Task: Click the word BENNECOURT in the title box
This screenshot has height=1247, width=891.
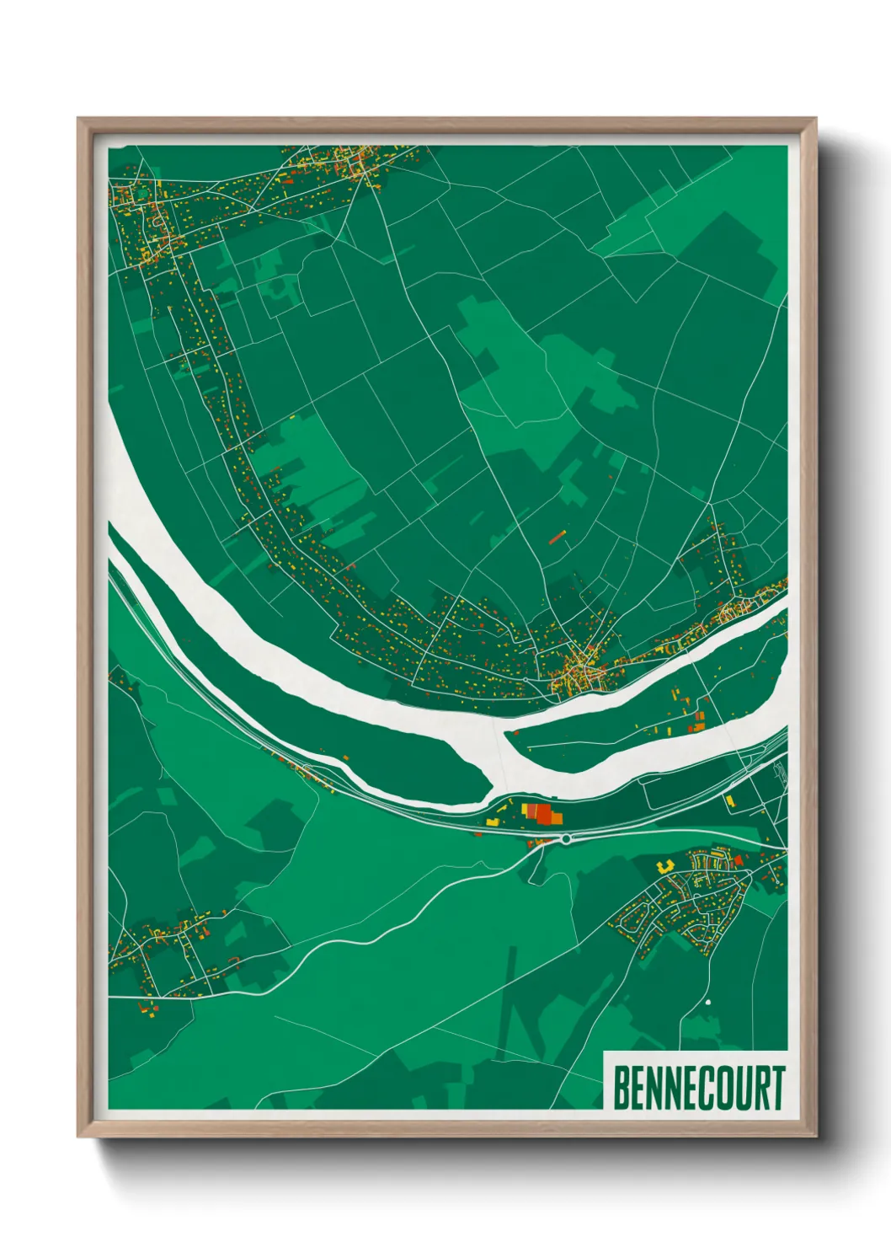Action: click(x=698, y=1088)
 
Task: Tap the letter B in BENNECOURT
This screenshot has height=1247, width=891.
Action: click(x=621, y=1088)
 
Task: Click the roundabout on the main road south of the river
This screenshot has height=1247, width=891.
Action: click(x=566, y=838)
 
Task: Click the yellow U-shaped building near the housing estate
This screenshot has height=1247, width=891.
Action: click(x=663, y=864)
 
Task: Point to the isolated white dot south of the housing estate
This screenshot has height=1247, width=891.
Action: click(x=708, y=1001)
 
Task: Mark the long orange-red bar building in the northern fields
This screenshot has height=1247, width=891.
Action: click(x=556, y=536)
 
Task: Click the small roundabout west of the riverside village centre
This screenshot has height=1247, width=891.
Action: click(x=526, y=679)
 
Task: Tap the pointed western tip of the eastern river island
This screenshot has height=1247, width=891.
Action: click(x=508, y=735)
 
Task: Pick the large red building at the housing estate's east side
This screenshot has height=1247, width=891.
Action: click(x=739, y=859)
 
